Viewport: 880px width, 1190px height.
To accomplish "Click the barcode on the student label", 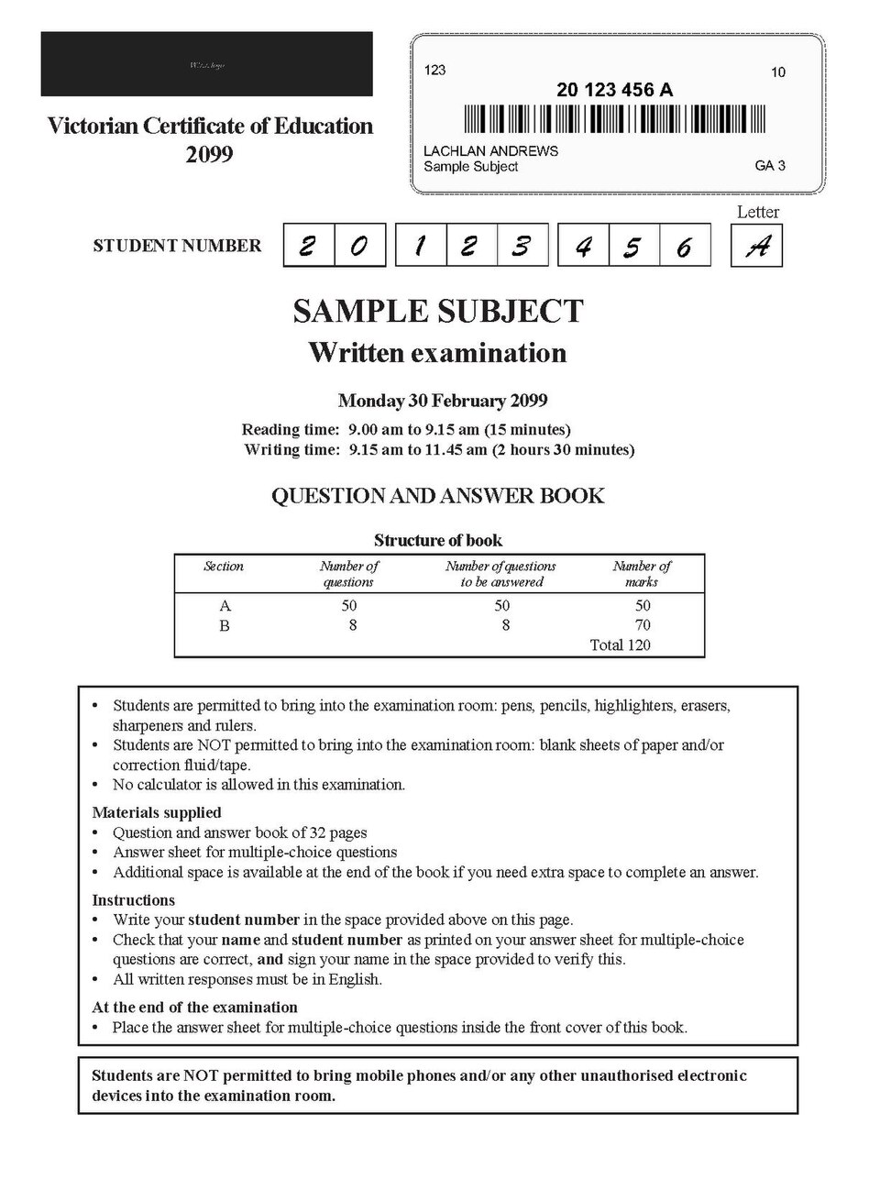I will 614,119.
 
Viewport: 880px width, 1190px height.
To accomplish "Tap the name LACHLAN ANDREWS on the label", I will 490,150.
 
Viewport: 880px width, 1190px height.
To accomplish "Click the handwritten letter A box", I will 756,246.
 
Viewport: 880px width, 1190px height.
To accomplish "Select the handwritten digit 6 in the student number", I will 684,246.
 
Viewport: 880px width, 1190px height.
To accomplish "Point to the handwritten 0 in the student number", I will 359,246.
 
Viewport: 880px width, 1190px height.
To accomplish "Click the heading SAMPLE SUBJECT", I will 438,311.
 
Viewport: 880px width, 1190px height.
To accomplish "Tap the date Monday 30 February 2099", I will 442,401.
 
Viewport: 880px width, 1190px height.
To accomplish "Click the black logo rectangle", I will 206,64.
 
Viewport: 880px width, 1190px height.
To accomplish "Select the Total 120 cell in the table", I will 620,645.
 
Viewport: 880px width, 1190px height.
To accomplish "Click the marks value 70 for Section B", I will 643,625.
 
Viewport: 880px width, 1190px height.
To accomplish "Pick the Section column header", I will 224,567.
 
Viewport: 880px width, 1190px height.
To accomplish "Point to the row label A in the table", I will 225,606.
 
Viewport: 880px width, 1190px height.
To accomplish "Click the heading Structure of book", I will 438,540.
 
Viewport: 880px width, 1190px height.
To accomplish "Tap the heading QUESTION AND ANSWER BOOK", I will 438,496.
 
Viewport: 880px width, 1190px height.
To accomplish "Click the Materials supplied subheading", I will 157,812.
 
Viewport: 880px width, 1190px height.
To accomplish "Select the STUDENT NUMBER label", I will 177,246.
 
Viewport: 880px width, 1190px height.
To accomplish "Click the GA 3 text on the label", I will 770,166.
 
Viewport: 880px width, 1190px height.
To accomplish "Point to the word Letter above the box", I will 758,212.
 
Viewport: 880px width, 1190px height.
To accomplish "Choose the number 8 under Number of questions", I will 352,625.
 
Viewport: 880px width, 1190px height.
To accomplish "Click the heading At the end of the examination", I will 194,1007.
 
